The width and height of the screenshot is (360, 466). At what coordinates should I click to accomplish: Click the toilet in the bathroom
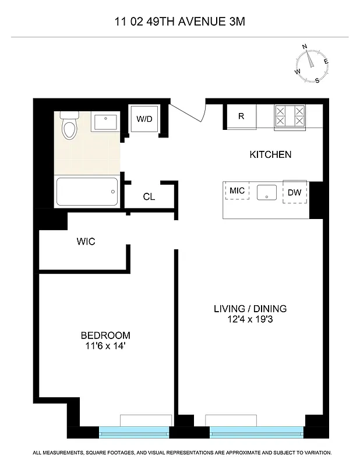pyautogui.click(x=70, y=126)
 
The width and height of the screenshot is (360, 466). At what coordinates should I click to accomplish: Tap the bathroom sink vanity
pyautogui.click(x=105, y=122)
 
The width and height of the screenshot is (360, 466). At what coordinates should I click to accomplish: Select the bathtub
pyautogui.click(x=87, y=191)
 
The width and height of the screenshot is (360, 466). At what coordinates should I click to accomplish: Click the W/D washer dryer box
pyautogui.click(x=144, y=119)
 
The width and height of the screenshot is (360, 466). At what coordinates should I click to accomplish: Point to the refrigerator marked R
pyautogui.click(x=241, y=116)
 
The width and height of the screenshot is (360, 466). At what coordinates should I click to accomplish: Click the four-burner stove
pyautogui.click(x=290, y=115)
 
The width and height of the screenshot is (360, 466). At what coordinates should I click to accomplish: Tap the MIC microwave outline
pyautogui.click(x=237, y=190)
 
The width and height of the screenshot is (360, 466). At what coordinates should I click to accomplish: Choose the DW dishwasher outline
pyautogui.click(x=294, y=192)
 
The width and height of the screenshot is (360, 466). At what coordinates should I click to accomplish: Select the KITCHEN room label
pyautogui.click(x=270, y=155)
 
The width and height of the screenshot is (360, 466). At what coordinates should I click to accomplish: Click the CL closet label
pyautogui.click(x=149, y=197)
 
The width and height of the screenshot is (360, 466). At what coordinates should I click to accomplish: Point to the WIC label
pyautogui.click(x=86, y=241)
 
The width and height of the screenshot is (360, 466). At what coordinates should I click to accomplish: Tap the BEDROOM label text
pyautogui.click(x=105, y=336)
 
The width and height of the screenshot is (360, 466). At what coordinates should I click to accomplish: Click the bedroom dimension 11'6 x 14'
pyautogui.click(x=105, y=346)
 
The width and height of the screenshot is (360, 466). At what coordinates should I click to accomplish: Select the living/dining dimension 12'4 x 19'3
pyautogui.click(x=250, y=319)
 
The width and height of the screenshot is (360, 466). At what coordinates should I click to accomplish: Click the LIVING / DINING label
pyautogui.click(x=250, y=309)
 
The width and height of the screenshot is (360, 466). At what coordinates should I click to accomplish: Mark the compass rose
pyautogui.click(x=311, y=62)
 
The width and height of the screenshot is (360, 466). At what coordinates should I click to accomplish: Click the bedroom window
pyautogui.click(x=134, y=432)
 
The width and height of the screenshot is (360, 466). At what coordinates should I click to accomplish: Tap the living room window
pyautogui.click(x=256, y=432)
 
